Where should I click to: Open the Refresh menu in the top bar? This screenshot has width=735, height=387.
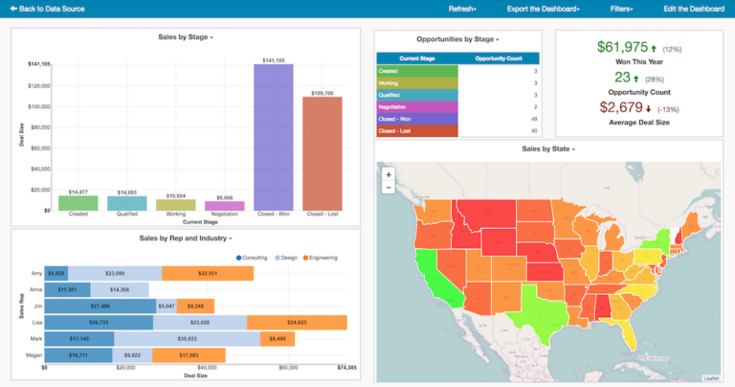[x=462, y=9]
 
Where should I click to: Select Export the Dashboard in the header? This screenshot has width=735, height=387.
[x=543, y=9]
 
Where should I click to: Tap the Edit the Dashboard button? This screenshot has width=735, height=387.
[x=694, y=9]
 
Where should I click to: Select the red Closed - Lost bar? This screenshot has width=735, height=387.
[x=323, y=153]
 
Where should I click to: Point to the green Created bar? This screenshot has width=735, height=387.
[x=78, y=203]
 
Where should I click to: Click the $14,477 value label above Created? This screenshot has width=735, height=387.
[x=78, y=193]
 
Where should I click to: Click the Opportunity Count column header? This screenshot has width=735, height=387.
[x=499, y=58]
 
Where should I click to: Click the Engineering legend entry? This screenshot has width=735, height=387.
[x=321, y=258]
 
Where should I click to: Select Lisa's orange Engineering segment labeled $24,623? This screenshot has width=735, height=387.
[x=296, y=323]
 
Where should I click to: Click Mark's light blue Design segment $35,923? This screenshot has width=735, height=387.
[x=188, y=339]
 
